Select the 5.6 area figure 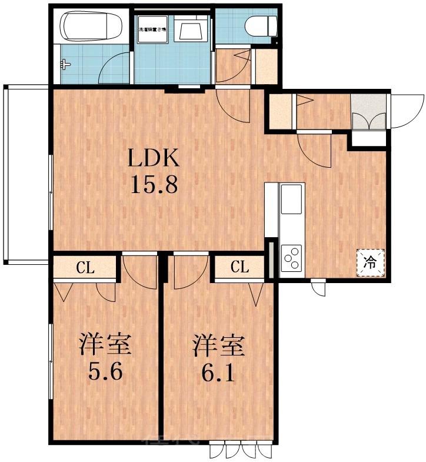pyautogui.click(x=106, y=372)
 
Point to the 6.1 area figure pyautogui.click(x=219, y=372)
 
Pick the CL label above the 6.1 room pyautogui.click(x=239, y=267)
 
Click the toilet pyautogui.click(x=261, y=25)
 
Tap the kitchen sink pyautogui.click(x=292, y=200)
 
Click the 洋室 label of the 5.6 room pyautogui.click(x=106, y=345)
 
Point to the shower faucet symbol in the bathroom pyautogui.click(x=65, y=65)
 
